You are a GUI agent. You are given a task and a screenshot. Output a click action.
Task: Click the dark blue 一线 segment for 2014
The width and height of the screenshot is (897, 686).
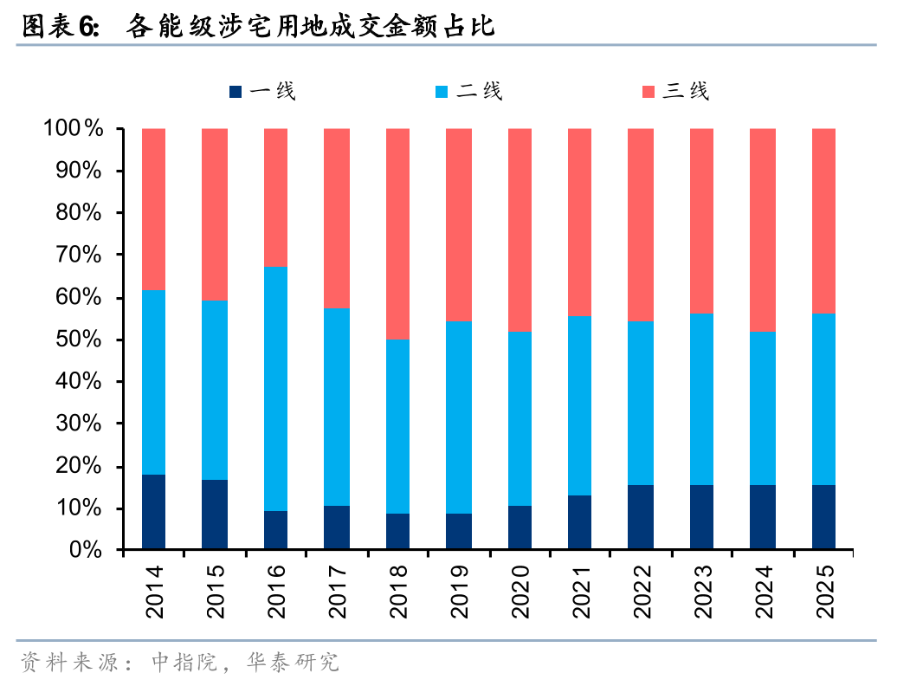click(154, 512)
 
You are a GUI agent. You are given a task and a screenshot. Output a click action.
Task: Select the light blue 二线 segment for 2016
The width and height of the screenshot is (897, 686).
click(275, 389)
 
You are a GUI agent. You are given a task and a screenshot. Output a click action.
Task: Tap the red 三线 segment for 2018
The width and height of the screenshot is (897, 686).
click(397, 234)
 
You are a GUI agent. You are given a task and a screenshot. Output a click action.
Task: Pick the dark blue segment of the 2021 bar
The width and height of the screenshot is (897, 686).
click(579, 522)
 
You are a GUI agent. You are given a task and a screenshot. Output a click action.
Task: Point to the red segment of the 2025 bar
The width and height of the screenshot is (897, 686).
click(823, 221)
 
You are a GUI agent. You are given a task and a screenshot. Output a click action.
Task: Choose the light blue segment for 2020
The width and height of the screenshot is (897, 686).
click(519, 419)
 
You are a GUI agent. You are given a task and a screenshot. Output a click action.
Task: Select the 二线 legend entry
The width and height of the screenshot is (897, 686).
click(469, 92)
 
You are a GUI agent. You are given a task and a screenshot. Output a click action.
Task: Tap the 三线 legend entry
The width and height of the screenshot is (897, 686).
click(676, 92)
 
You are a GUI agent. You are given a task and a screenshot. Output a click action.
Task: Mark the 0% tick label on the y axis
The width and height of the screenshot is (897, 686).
click(84, 550)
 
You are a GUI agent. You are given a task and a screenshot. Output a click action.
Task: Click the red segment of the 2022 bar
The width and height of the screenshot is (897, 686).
click(641, 225)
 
